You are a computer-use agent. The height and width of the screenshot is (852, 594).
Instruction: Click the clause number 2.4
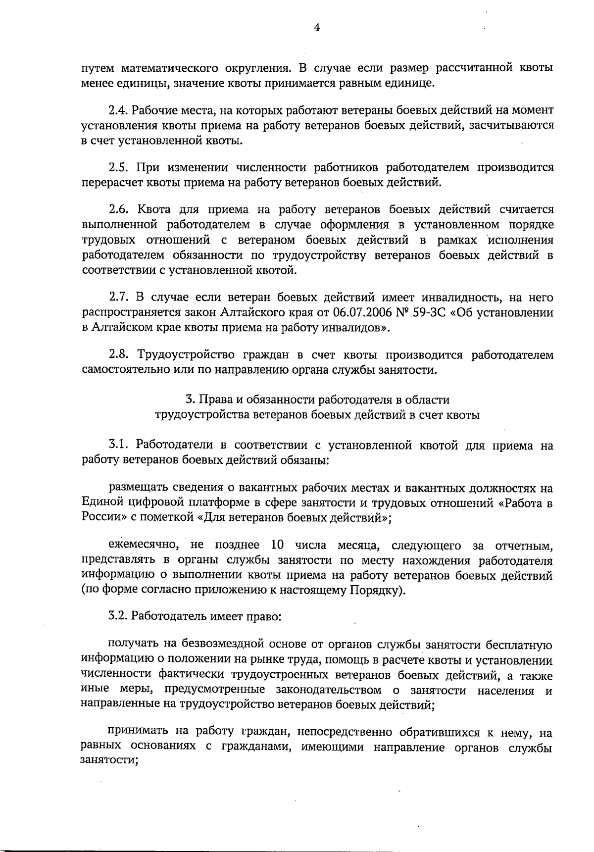117,110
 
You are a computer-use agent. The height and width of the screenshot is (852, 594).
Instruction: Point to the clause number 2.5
117,167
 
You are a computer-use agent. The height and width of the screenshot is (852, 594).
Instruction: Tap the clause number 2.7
117,298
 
